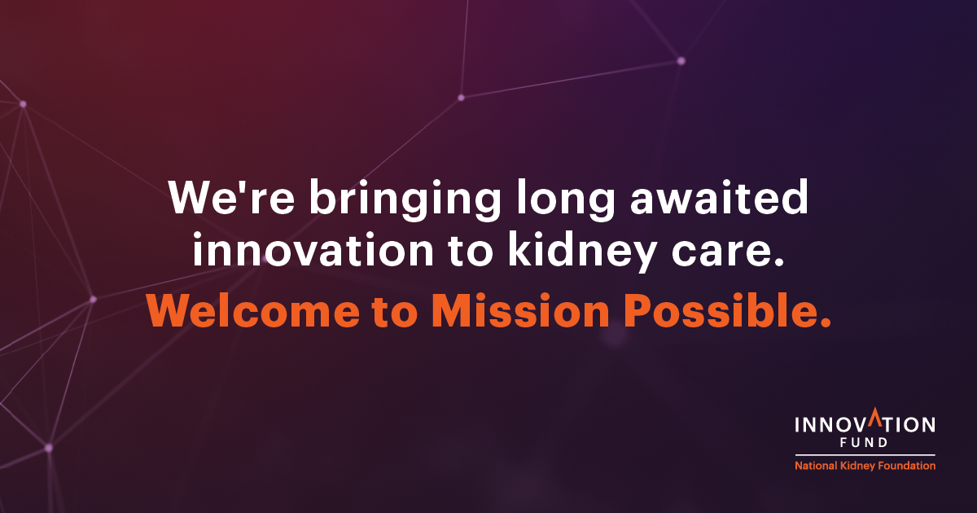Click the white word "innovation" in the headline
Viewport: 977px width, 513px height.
tap(313, 248)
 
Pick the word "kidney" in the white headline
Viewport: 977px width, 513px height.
tap(583, 252)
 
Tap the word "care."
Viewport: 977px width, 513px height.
tap(728, 253)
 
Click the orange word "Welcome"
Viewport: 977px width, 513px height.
tap(253, 310)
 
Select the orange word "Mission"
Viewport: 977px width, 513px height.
tap(520, 309)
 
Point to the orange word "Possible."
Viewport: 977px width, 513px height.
tap(728, 309)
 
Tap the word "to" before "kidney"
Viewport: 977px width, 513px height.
tap(471, 252)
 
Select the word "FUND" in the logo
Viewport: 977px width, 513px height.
tap(864, 442)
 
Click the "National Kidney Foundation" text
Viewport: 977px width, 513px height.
tap(865, 466)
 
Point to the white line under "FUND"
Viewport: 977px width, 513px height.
tap(865, 455)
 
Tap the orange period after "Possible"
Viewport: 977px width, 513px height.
tap(826, 322)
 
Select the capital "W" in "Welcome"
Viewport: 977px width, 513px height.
tap(173, 310)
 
